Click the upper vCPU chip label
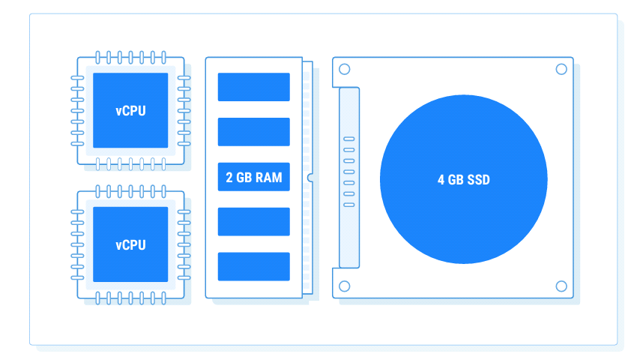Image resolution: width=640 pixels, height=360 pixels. pos(130,110)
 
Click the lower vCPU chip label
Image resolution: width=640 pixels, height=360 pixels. pos(130,244)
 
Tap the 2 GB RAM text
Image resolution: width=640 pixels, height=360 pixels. pos(253,177)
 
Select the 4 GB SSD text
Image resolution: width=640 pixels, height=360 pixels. pos(463,180)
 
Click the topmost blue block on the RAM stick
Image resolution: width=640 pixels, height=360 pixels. pos(253,87)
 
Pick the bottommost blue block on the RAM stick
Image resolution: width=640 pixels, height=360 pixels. pos(253,267)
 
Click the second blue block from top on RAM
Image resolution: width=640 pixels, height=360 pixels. pos(253,132)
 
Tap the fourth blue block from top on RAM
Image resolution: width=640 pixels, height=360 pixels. pos(253,222)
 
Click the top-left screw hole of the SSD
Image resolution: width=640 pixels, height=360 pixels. pos(345,69)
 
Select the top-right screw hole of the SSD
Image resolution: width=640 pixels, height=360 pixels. pos(561,69)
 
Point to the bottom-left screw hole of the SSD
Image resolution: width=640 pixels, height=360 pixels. pos(345,286)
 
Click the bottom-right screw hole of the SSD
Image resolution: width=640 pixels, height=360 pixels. pos(561,286)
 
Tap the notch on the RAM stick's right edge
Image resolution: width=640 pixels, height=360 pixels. pos(309,178)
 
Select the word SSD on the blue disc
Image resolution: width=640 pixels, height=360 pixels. pos(477,180)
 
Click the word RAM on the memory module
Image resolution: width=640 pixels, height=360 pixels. pos(268,177)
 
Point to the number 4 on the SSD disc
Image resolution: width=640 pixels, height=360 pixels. pos(441,180)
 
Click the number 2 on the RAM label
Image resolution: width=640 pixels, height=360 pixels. pos(229,177)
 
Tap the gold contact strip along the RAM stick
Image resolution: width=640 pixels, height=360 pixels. pos(307,112)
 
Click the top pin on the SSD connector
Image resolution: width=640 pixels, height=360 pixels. pos(349,139)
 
